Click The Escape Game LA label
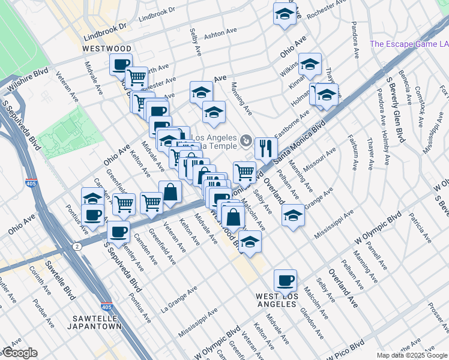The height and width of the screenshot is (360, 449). click(x=408, y=44)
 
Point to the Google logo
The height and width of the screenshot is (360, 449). click(x=19, y=353)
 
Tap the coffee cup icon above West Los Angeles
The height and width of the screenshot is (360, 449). click(x=285, y=280)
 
